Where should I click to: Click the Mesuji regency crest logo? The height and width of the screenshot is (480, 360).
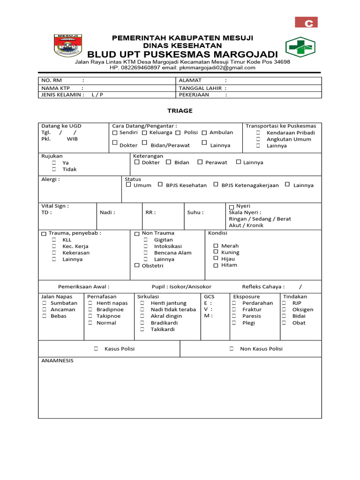click(69, 46)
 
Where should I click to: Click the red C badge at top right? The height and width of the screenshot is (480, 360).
click(307, 22)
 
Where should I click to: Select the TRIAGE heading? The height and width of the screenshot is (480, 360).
click(180, 111)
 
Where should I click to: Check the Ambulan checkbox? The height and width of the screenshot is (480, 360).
click(204, 133)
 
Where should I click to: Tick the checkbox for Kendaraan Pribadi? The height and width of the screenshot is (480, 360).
click(258, 133)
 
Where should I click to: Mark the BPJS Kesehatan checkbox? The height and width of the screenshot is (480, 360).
click(160, 185)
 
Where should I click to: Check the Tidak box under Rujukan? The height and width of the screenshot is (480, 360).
click(54, 169)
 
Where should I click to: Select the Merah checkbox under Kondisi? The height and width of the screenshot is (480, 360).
click(216, 246)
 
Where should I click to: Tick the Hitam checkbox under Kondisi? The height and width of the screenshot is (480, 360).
click(216, 265)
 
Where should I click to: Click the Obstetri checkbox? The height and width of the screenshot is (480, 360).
click(137, 265)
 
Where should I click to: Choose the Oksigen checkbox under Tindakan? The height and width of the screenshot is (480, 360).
click(284, 309)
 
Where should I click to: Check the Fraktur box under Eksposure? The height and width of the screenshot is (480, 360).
click(233, 309)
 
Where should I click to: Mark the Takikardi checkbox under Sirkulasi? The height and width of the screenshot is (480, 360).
click(142, 329)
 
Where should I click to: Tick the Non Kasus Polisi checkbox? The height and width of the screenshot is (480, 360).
click(232, 348)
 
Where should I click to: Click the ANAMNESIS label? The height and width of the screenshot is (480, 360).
click(57, 361)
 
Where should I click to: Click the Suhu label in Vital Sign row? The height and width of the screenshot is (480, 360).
click(195, 212)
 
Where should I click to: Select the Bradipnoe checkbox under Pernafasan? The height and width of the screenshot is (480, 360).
click(90, 309)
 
